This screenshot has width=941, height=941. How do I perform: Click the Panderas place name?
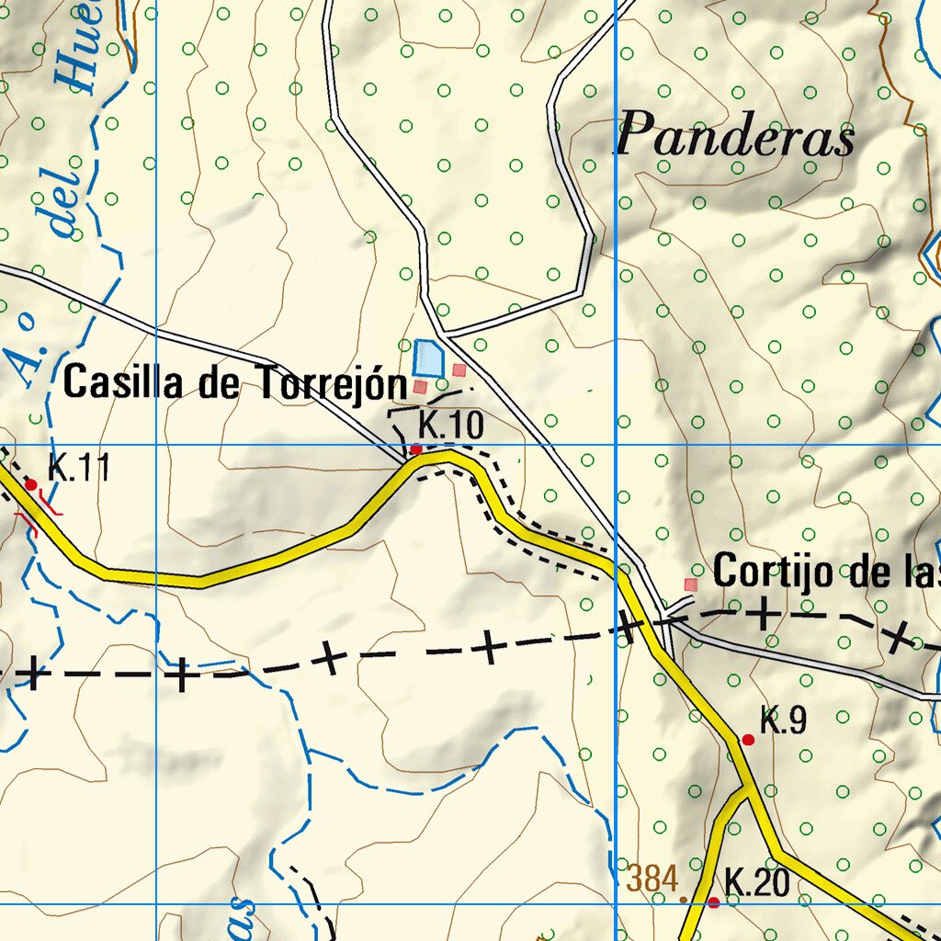click(736, 139)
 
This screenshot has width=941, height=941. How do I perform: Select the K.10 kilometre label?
click(450, 426)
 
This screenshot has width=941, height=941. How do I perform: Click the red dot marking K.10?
click(415, 449)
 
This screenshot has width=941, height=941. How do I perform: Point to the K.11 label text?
click(79, 469)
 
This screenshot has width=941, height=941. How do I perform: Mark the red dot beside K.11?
click(30, 484)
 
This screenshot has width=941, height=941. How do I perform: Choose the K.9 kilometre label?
click(783, 721)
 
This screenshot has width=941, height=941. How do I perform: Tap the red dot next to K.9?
click(748, 739)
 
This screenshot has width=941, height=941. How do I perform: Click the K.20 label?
click(757, 883)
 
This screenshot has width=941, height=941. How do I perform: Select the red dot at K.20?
click(713, 903)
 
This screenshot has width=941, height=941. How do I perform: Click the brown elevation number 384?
click(652, 879)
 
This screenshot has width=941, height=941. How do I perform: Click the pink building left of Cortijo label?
click(691, 584)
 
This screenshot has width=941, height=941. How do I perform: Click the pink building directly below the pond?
click(421, 388)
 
